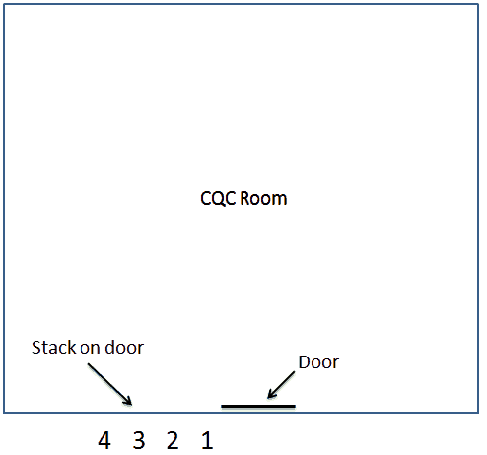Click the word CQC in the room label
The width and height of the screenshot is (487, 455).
pos(218,199)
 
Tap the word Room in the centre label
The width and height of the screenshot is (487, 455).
pos(263,199)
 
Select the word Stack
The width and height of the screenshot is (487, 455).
pos(53,348)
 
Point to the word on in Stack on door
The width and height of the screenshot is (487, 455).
pos(91,349)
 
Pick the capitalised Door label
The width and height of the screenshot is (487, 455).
pos(318,362)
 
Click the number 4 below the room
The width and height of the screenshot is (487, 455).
pos(104,440)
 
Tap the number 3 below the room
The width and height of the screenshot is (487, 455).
pos(139,440)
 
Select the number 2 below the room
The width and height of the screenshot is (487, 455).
pos(173,440)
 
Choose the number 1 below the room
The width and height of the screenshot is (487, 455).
pos(207,440)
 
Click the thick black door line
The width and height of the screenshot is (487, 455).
pos(258,407)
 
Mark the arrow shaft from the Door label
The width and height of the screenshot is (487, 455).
pos(281,385)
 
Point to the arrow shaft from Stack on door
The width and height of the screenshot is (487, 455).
pos(109,384)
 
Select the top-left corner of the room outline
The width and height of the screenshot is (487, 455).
pos(4,4)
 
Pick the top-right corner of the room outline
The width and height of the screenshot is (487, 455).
pos(478,4)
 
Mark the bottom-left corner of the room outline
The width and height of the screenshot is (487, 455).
pos(4,413)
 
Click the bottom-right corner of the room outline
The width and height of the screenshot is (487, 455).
pos(478,413)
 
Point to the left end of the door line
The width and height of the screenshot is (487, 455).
pos(222,407)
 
